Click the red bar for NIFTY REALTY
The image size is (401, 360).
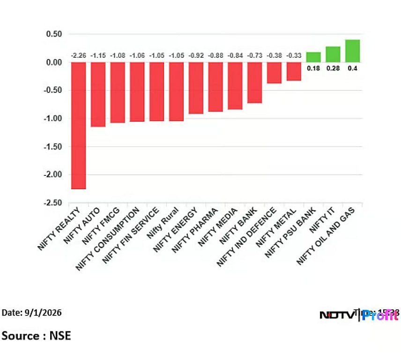pos(78,125)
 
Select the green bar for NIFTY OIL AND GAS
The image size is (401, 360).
pos(352,51)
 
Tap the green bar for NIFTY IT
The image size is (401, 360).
pos(333,54)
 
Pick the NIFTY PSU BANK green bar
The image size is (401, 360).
pos(313,57)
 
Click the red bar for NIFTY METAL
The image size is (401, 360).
pos(294,71)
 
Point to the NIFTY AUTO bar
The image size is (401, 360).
pos(98,94)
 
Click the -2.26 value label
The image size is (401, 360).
pos(78,56)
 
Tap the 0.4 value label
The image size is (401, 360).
pos(352,68)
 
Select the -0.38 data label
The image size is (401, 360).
pos(274,56)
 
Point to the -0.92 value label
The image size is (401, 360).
pos(196,56)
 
